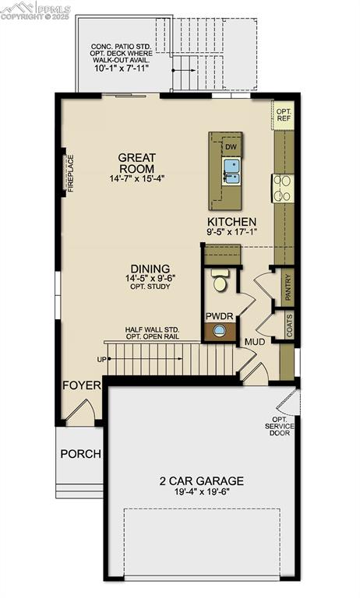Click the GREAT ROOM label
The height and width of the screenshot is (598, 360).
pyautogui.click(x=136, y=163)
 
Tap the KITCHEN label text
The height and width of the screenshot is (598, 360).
pyautogui.click(x=231, y=222)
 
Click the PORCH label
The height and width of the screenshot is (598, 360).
pyautogui.click(x=80, y=454)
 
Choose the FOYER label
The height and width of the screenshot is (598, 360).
pyautogui.click(x=83, y=385)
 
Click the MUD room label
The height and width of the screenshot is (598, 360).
pyautogui.click(x=255, y=341)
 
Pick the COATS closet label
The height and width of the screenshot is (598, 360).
pyautogui.click(x=288, y=325)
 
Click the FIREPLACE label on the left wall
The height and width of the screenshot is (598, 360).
pyautogui.click(x=70, y=173)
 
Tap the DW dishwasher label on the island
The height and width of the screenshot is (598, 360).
pyautogui.click(x=231, y=146)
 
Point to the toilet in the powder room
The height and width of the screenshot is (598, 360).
pyautogui.click(x=220, y=281)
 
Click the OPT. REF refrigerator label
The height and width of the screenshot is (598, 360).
pyautogui.click(x=283, y=115)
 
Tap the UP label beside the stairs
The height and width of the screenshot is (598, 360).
pyautogui.click(x=101, y=360)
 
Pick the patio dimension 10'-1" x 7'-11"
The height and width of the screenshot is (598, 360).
pyautogui.click(x=131, y=67)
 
